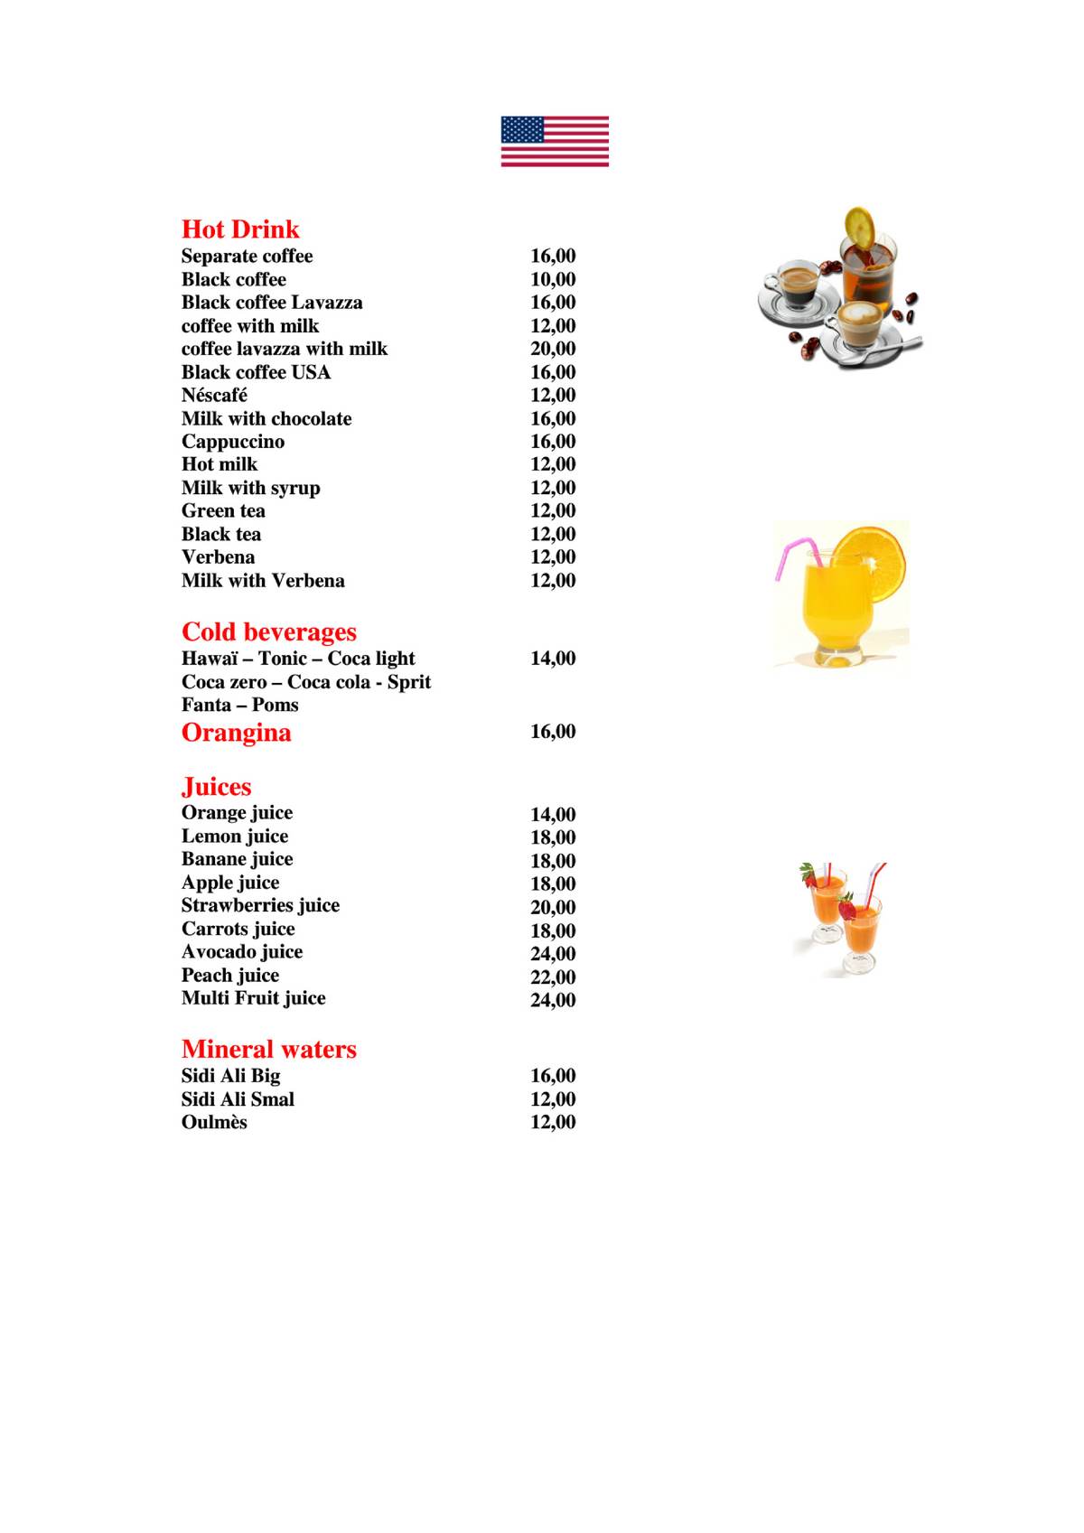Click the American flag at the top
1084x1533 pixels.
click(555, 141)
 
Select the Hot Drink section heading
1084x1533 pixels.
click(240, 229)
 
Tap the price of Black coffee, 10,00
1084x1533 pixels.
click(553, 280)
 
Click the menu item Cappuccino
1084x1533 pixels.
click(233, 442)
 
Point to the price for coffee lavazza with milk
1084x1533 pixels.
click(553, 349)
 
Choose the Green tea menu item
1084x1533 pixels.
click(223, 511)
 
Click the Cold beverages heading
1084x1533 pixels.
click(269, 632)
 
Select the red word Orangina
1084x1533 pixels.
click(237, 733)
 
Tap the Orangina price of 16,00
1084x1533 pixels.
click(553, 732)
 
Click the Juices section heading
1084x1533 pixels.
click(217, 787)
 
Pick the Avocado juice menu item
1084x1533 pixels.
click(242, 952)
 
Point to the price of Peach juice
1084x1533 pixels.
click(553, 977)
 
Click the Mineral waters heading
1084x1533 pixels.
click(269, 1050)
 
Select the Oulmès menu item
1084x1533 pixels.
click(214, 1123)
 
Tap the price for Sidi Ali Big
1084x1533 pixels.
click(553, 1076)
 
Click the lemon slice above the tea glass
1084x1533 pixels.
click(859, 226)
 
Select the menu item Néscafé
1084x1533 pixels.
click(214, 396)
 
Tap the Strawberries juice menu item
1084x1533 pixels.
click(260, 906)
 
